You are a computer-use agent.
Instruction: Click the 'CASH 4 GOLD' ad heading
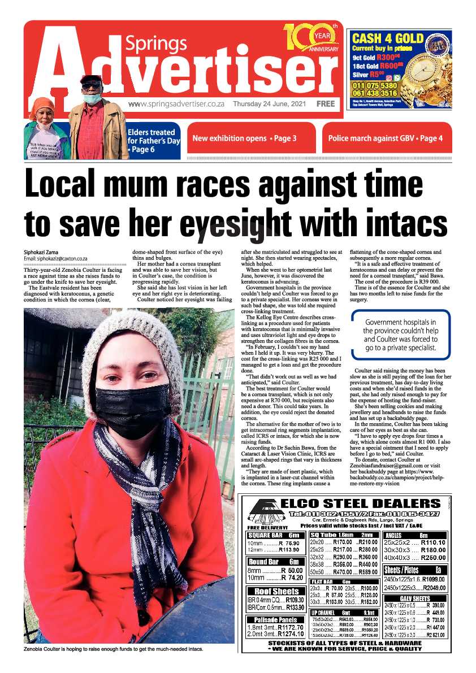pos(387,38)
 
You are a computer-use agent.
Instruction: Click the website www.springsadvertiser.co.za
pos(176,104)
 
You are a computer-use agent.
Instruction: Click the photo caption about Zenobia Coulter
pos(113,649)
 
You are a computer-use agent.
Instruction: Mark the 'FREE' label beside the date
pos(326,104)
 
